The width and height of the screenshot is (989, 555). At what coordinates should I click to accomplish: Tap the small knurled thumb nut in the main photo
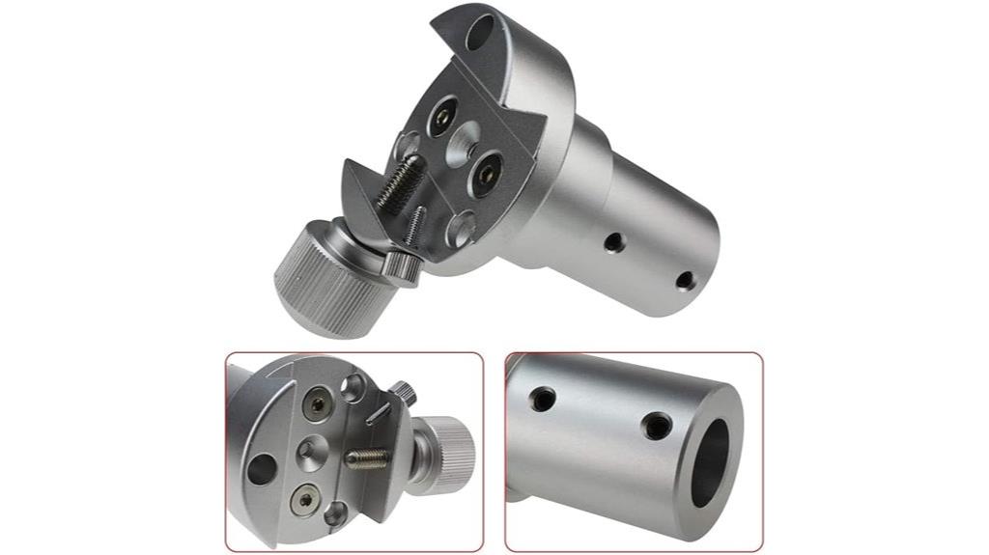pos(399,265)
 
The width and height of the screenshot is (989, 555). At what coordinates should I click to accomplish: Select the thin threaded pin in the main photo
pos(415,227)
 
